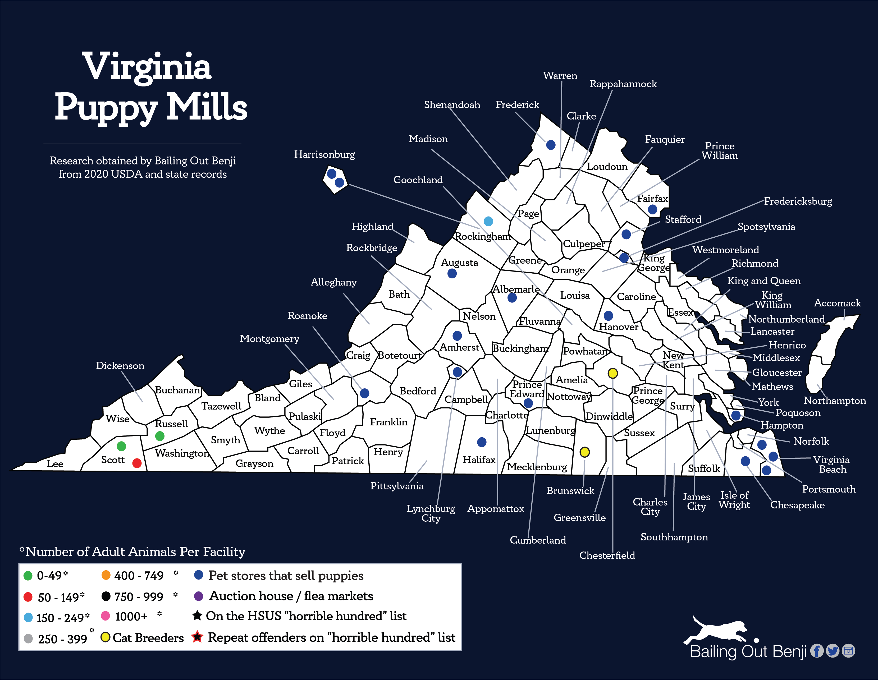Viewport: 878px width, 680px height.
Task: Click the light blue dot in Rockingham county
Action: point(488,221)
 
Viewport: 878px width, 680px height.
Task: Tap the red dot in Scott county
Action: point(137,463)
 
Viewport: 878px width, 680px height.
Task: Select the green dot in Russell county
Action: point(159,436)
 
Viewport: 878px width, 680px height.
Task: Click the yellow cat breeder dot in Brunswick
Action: point(584,452)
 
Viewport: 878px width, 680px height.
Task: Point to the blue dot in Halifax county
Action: point(482,442)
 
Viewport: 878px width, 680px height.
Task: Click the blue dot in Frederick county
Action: point(551,145)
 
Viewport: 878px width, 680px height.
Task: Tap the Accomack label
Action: point(837,303)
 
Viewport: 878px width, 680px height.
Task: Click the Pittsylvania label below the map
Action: point(396,486)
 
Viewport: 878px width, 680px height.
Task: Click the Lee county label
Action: point(55,464)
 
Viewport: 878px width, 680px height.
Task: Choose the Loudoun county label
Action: point(607,166)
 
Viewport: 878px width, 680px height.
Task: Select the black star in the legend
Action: point(197,615)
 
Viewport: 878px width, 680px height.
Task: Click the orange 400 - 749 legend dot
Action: point(106,575)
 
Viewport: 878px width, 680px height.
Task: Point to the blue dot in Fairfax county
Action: point(652,209)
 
